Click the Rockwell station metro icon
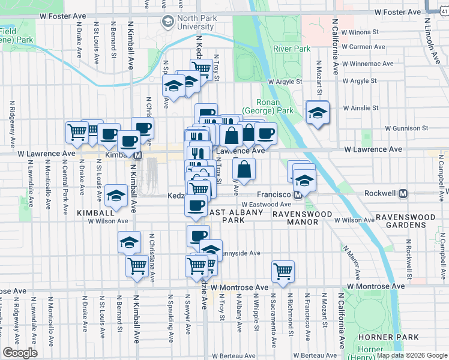(403, 194)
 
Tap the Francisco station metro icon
(297, 195)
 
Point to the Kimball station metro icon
(137, 155)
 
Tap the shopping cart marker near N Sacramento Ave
(283, 271)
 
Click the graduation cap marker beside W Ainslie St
(317, 112)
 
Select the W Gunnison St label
(406, 128)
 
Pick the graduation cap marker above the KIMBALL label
(115, 195)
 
